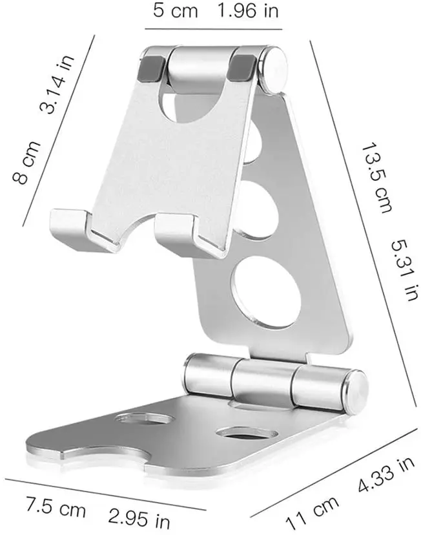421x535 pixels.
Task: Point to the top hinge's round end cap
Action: pyautogui.click(x=276, y=68)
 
